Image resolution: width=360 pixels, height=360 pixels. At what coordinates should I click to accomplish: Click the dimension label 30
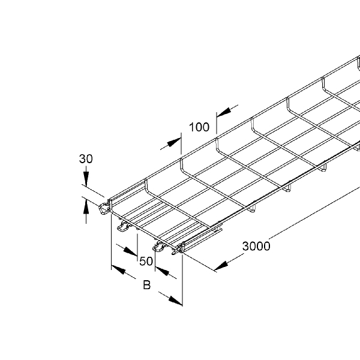click(86, 158)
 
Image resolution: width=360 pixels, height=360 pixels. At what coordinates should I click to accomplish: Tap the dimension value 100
click(199, 127)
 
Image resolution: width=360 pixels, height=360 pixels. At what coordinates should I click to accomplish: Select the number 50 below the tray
click(146, 261)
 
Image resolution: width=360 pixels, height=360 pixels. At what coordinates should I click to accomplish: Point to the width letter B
click(147, 284)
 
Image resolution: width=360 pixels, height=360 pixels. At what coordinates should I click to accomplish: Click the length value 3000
click(256, 246)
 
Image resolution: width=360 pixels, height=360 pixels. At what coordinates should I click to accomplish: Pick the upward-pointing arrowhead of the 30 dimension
click(86, 207)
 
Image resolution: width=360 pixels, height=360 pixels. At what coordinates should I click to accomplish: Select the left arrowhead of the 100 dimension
click(174, 142)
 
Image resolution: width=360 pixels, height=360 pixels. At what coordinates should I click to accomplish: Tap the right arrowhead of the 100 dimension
click(223, 112)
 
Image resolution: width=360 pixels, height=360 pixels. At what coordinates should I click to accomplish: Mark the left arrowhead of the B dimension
click(118, 269)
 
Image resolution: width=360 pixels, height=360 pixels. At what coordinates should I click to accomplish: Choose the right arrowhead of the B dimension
click(176, 301)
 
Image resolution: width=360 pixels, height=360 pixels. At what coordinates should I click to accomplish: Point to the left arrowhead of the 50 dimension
click(130, 251)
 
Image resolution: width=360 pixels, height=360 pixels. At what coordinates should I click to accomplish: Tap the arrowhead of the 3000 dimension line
click(221, 266)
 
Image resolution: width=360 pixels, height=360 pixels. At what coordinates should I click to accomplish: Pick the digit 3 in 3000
click(245, 246)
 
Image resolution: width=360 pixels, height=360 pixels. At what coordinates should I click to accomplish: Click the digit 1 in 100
click(191, 127)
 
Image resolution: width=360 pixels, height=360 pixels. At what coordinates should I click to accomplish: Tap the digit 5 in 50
click(143, 261)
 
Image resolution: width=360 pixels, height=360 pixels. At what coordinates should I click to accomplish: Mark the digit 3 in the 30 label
click(82, 158)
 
